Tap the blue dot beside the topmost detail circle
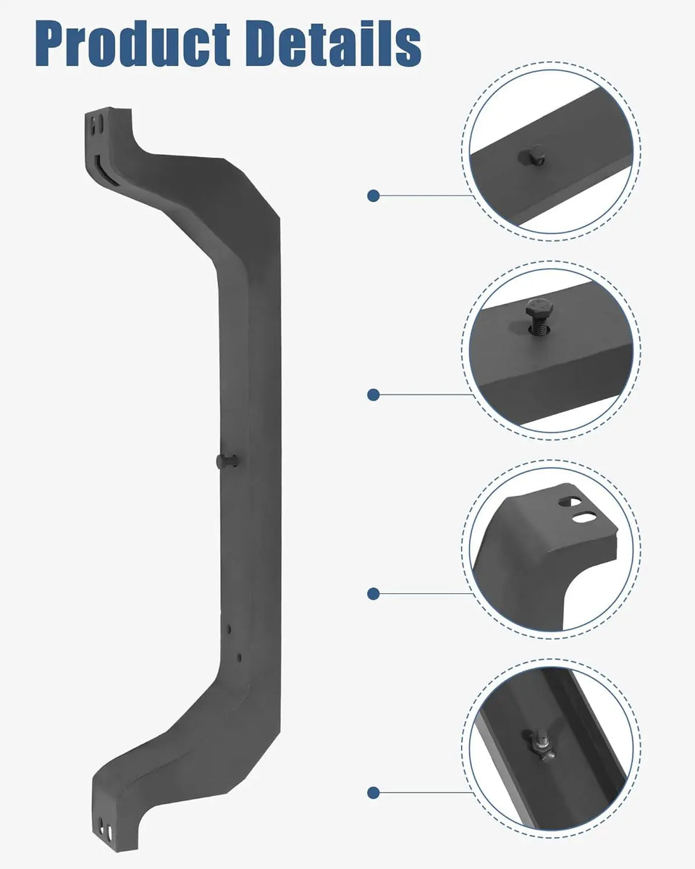pyautogui.click(x=374, y=196)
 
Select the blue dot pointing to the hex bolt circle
pyautogui.click(x=374, y=395)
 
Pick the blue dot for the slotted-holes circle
pyautogui.click(x=374, y=594)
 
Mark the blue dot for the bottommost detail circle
pyautogui.click(x=374, y=793)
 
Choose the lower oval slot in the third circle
pyautogui.click(x=584, y=517)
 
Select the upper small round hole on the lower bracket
pyautogui.click(x=227, y=629)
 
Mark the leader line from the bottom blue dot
pyautogui.click(x=427, y=793)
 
